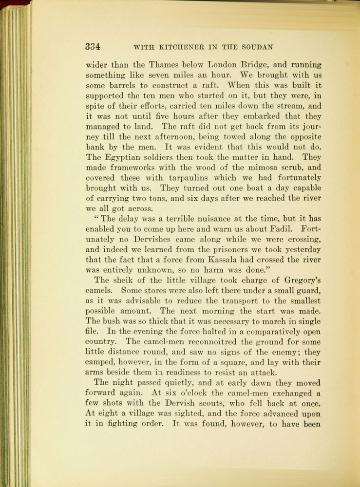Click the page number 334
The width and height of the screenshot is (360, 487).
tap(93, 47)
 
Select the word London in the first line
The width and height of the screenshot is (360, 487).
tap(222, 65)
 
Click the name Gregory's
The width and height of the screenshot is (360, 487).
tap(294, 280)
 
